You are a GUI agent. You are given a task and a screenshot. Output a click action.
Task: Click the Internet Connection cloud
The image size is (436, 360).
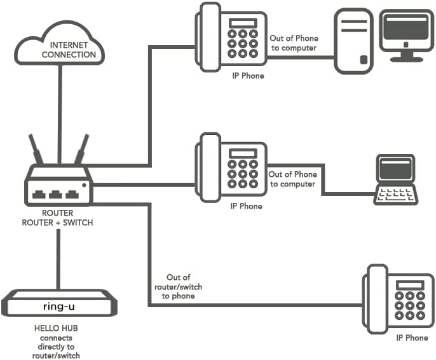click(x=60, y=43)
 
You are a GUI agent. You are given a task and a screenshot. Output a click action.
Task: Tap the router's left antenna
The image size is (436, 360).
click(x=36, y=149)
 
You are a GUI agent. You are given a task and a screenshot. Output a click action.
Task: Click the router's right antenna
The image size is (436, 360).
click(x=81, y=149)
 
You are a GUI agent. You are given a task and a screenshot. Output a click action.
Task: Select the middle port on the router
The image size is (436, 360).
click(x=55, y=194)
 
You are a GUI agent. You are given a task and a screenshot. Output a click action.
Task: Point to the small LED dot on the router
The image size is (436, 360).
click(x=84, y=185)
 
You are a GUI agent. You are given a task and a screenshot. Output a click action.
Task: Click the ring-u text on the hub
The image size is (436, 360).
click(x=58, y=307)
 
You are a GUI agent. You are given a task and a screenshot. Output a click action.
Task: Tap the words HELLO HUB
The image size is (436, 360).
click(x=56, y=328)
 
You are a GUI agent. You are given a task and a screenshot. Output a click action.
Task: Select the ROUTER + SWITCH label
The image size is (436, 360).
click(x=57, y=223)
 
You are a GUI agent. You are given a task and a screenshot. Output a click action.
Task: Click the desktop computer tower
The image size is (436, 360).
click(x=353, y=41)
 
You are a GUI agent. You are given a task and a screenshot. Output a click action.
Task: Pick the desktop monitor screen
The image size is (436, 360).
click(x=406, y=28)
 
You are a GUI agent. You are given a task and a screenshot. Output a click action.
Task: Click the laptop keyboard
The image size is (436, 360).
click(x=396, y=195)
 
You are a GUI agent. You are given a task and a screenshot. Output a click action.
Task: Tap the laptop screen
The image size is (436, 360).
click(x=395, y=169)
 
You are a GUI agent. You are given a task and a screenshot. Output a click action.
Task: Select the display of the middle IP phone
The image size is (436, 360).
click(x=243, y=153)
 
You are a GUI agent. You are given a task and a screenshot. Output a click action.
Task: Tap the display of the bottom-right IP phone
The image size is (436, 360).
click(x=410, y=285)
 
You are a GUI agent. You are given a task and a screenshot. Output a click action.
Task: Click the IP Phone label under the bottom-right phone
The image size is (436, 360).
click(x=412, y=338)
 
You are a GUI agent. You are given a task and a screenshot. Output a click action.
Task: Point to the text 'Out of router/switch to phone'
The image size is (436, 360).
click(x=178, y=287)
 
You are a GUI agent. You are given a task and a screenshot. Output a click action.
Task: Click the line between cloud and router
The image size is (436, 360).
click(x=60, y=114)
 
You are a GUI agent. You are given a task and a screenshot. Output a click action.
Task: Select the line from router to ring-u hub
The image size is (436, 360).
click(x=58, y=260)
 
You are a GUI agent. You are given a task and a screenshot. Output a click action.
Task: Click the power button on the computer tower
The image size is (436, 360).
click(x=364, y=60)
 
